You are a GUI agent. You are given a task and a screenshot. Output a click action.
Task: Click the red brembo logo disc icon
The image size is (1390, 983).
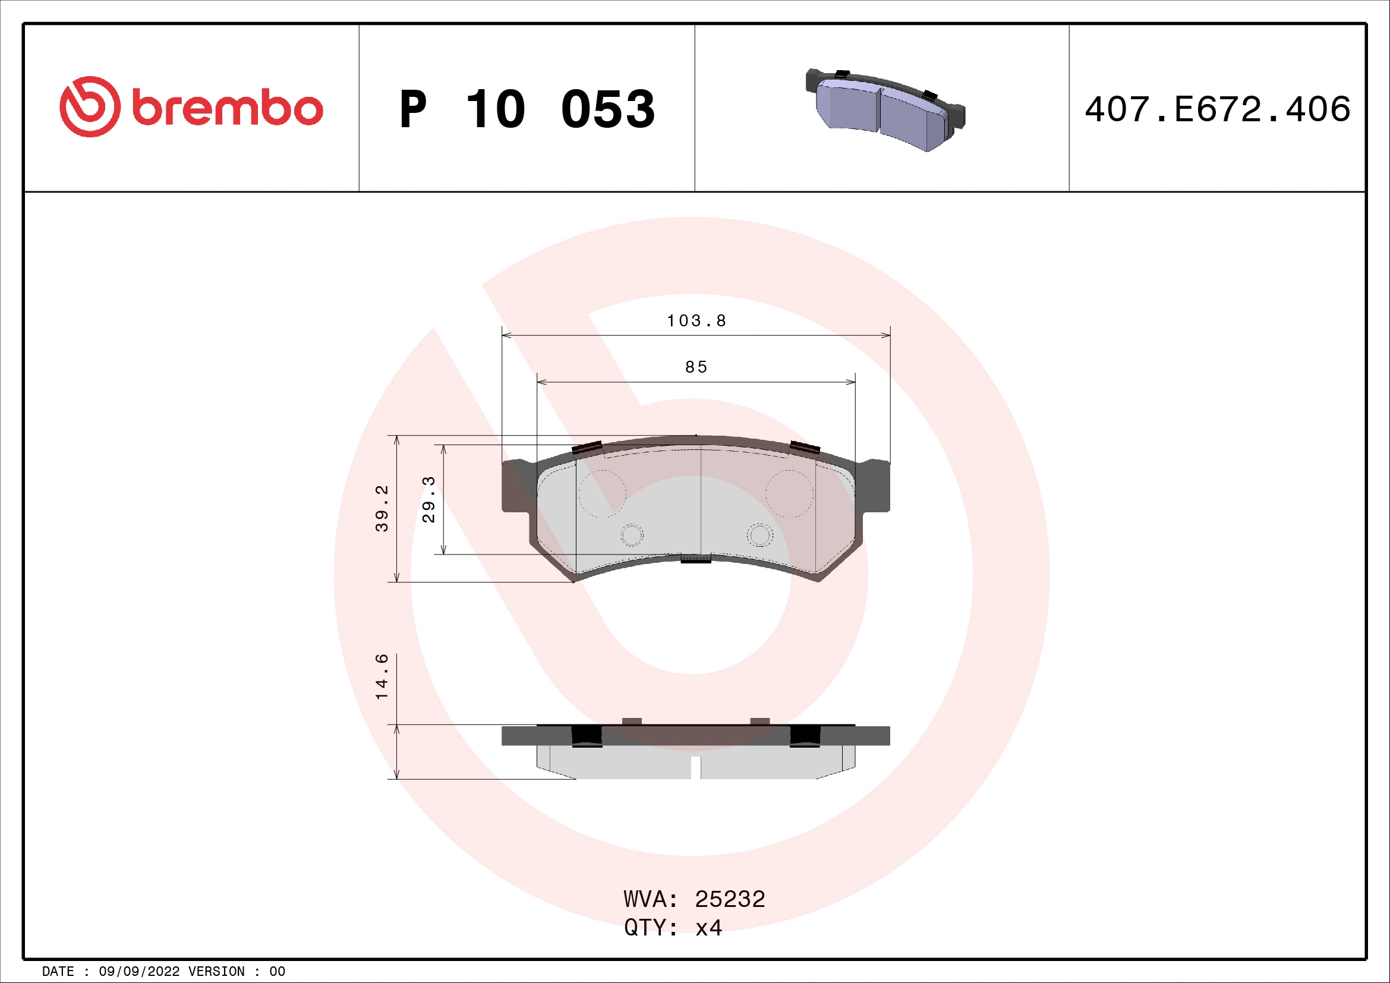[x=90, y=106]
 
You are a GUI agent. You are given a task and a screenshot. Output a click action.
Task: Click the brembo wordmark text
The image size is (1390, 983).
[x=228, y=109]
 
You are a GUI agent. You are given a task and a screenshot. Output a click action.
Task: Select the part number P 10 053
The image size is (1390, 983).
[x=527, y=109]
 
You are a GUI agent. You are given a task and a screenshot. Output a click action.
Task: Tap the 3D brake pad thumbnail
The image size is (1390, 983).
[x=884, y=109]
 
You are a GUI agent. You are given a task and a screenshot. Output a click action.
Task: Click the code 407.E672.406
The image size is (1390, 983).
[x=1218, y=109]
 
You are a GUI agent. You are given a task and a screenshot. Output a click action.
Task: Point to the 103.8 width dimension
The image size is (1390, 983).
[x=696, y=321]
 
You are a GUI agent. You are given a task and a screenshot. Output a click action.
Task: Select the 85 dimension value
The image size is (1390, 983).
[x=696, y=367]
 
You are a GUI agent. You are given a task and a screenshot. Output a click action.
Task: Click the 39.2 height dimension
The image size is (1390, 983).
[x=382, y=509]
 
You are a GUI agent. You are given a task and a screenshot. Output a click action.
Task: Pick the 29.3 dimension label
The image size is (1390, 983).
[x=428, y=499]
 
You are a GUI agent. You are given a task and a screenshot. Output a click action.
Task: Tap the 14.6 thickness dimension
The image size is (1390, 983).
[x=382, y=677]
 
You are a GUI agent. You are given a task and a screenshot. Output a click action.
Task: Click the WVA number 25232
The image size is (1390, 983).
[x=730, y=899]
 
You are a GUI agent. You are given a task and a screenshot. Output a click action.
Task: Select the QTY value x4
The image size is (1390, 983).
[x=708, y=927]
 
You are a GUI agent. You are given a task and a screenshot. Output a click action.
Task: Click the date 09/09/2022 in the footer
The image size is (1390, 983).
[x=138, y=972]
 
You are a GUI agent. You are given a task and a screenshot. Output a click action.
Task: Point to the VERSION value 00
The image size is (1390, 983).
[x=277, y=972]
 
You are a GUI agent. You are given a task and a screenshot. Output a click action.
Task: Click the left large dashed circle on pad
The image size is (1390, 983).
[x=601, y=493]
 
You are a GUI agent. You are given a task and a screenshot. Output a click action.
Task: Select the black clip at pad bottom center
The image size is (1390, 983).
[x=696, y=559]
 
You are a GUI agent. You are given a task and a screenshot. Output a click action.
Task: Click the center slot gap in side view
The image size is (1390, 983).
[x=696, y=767]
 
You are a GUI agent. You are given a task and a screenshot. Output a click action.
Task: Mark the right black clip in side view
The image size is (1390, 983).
[x=805, y=735]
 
